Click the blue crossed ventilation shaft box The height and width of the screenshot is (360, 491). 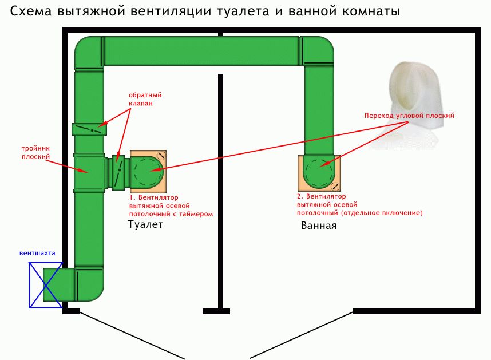[46, 285]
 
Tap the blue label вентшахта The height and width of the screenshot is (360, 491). [37, 253]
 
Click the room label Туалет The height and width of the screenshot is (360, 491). [145, 224]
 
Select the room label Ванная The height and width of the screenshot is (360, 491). [319, 226]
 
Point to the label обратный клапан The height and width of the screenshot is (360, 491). [145, 99]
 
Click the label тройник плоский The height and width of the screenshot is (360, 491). [35, 152]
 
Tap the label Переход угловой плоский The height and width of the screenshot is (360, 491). [409, 116]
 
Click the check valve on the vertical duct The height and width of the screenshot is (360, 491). [89, 129]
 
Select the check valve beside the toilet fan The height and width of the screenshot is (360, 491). [118, 173]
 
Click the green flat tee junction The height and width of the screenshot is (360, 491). [89, 172]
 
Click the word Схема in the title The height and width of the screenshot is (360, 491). [31, 11]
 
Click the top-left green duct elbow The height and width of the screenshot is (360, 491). [89, 52]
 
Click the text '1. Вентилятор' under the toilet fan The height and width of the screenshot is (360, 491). [154, 197]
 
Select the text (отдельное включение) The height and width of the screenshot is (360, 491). [381, 213]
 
